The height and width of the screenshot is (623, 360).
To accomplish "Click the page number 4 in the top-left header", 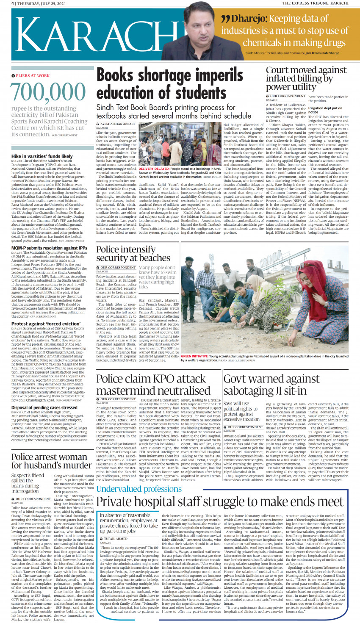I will point(13,3).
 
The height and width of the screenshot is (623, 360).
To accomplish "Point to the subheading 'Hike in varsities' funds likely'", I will point(42,156).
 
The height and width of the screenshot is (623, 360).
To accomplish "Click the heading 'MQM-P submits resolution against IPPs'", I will point(49,248).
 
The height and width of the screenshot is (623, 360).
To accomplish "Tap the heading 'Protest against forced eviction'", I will point(46,324).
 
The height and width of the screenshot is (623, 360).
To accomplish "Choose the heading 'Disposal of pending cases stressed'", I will point(44,407).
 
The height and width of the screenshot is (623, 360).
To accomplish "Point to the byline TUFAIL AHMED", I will point(115,539).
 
